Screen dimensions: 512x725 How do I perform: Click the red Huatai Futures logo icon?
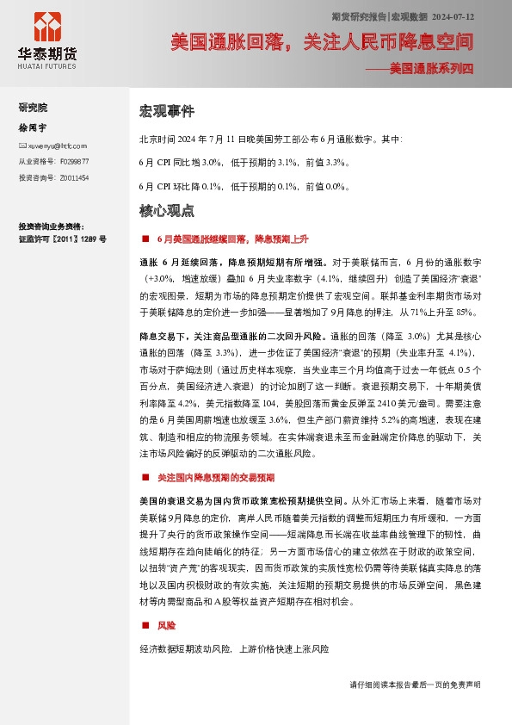pos(46,29)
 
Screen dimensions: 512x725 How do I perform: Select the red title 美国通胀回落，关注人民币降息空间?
pos(321,41)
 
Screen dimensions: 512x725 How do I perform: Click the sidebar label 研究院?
pos(33,108)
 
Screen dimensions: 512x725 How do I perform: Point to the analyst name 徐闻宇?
pos(31,127)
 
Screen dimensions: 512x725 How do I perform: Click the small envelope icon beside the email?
pos(22,146)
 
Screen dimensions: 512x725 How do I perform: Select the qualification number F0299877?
pos(72,162)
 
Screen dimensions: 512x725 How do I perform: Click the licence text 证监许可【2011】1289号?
pos(62,238)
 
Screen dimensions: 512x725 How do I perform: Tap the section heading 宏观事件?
pos(167,112)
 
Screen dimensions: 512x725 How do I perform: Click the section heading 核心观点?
pos(167,210)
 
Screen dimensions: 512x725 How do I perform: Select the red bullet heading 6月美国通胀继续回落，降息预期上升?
pos(231,238)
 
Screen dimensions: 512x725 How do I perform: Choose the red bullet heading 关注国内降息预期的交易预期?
pos(215,477)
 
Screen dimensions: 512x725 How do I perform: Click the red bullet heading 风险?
pos(166,625)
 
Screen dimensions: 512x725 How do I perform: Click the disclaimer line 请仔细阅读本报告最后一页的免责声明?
pos(415,685)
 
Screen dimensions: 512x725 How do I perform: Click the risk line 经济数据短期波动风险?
pos(233,648)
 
